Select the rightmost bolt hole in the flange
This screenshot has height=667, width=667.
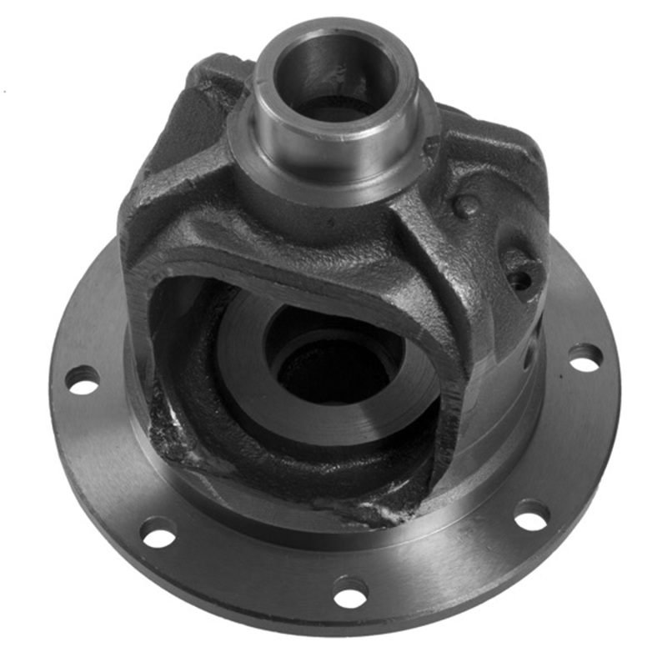click(x=585, y=357)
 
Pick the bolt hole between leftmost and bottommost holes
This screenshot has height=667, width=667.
click(x=158, y=532)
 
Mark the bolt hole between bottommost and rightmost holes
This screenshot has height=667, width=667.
click(x=531, y=514)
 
